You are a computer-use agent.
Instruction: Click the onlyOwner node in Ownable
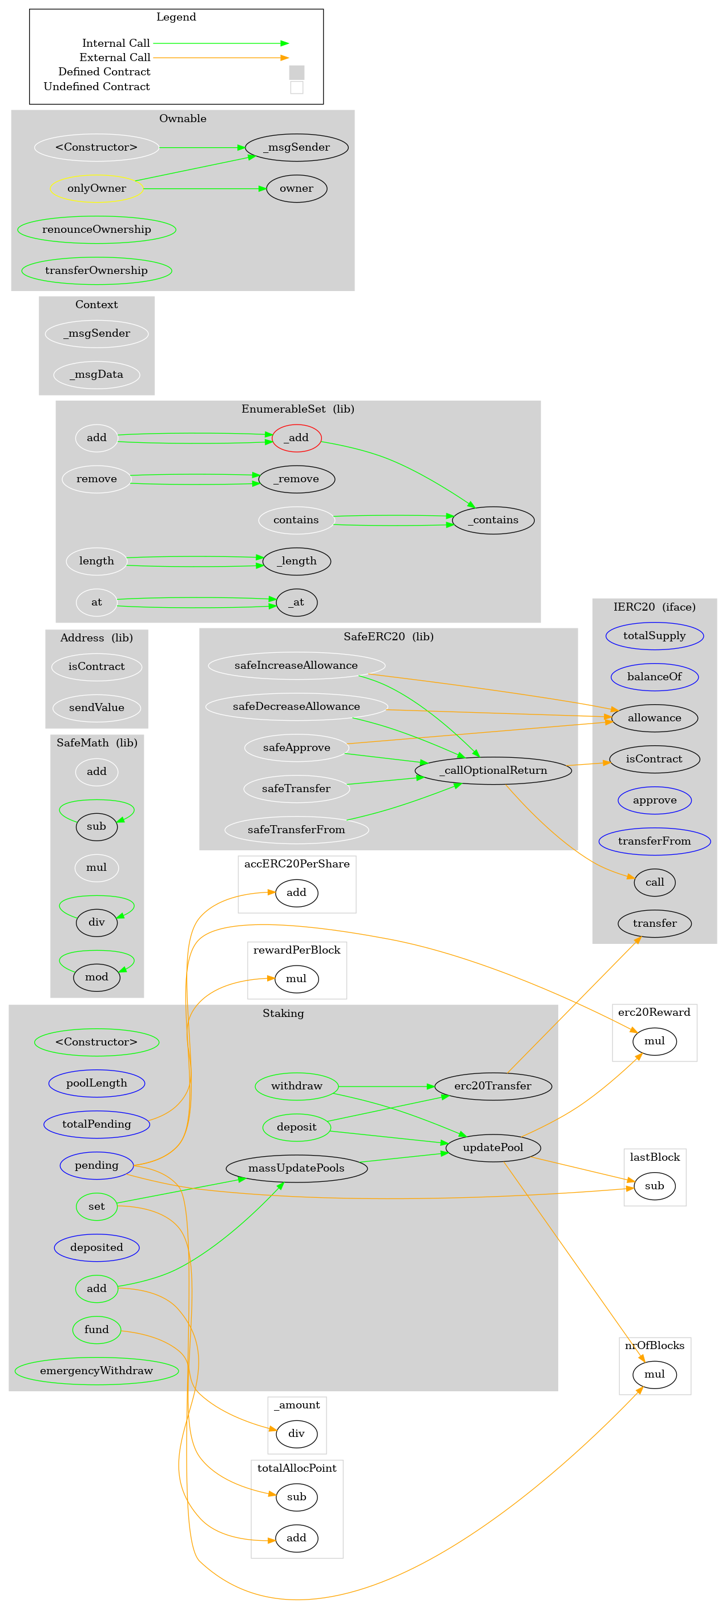pos(96,188)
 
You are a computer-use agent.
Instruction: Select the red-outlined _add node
pos(296,438)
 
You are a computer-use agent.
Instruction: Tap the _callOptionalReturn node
pos(493,770)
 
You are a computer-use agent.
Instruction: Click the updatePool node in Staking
pos(493,1147)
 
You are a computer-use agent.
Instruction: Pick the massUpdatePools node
pos(296,1168)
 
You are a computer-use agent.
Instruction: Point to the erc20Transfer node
pos(493,1085)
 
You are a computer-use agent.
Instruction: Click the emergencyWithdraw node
pos(96,1370)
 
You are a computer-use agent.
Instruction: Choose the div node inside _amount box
pos(296,1433)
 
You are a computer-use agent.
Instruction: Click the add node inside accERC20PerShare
pos(296,893)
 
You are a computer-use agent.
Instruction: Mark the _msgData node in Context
pos(96,374)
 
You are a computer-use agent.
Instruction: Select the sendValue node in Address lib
pos(96,707)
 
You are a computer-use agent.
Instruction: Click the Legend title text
pos(176,17)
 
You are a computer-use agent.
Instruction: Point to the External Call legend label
pos(115,57)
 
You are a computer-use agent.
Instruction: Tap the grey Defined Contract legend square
pos(296,72)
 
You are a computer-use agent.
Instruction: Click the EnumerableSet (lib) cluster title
pos(297,409)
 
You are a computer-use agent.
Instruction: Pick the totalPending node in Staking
pos(96,1124)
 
